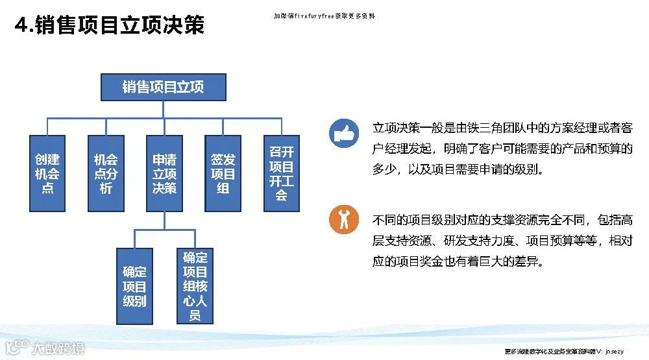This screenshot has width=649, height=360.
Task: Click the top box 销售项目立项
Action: pyautogui.click(x=163, y=86)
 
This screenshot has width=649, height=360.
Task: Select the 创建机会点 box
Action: pyautogui.click(x=47, y=173)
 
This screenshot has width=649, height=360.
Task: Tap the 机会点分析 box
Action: pyautogui.click(x=106, y=173)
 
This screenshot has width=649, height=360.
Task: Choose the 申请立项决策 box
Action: pyautogui.click(x=164, y=173)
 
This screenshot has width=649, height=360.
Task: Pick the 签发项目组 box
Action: pyautogui.click(x=223, y=173)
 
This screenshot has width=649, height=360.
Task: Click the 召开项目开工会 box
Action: pyautogui.click(x=281, y=173)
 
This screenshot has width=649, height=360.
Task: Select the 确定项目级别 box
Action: pyautogui.click(x=134, y=286)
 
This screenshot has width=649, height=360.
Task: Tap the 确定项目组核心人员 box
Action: pyautogui.click(x=195, y=286)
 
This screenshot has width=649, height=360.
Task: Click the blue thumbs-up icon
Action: pyautogui.click(x=343, y=133)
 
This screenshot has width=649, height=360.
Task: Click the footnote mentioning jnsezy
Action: pyautogui.click(x=564, y=352)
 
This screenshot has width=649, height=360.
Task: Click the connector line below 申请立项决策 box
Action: pyautogui.click(x=164, y=221)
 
